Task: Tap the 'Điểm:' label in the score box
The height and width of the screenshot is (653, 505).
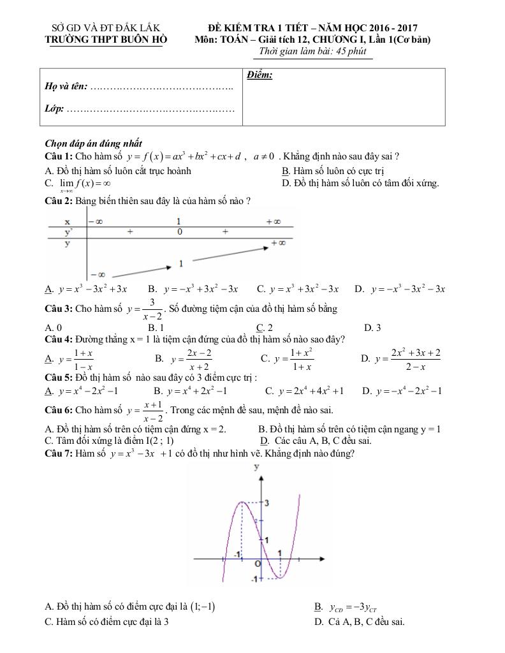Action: point(260,76)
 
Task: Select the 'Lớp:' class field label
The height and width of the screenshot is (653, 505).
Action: point(54,109)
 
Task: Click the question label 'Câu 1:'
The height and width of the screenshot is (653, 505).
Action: point(59,156)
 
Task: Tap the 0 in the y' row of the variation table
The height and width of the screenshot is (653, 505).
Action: point(180,232)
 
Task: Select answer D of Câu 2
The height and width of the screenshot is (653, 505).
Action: point(400,289)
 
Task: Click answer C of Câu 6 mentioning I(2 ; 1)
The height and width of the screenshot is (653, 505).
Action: point(110,440)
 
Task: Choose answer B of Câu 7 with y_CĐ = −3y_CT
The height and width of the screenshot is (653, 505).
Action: point(350,607)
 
